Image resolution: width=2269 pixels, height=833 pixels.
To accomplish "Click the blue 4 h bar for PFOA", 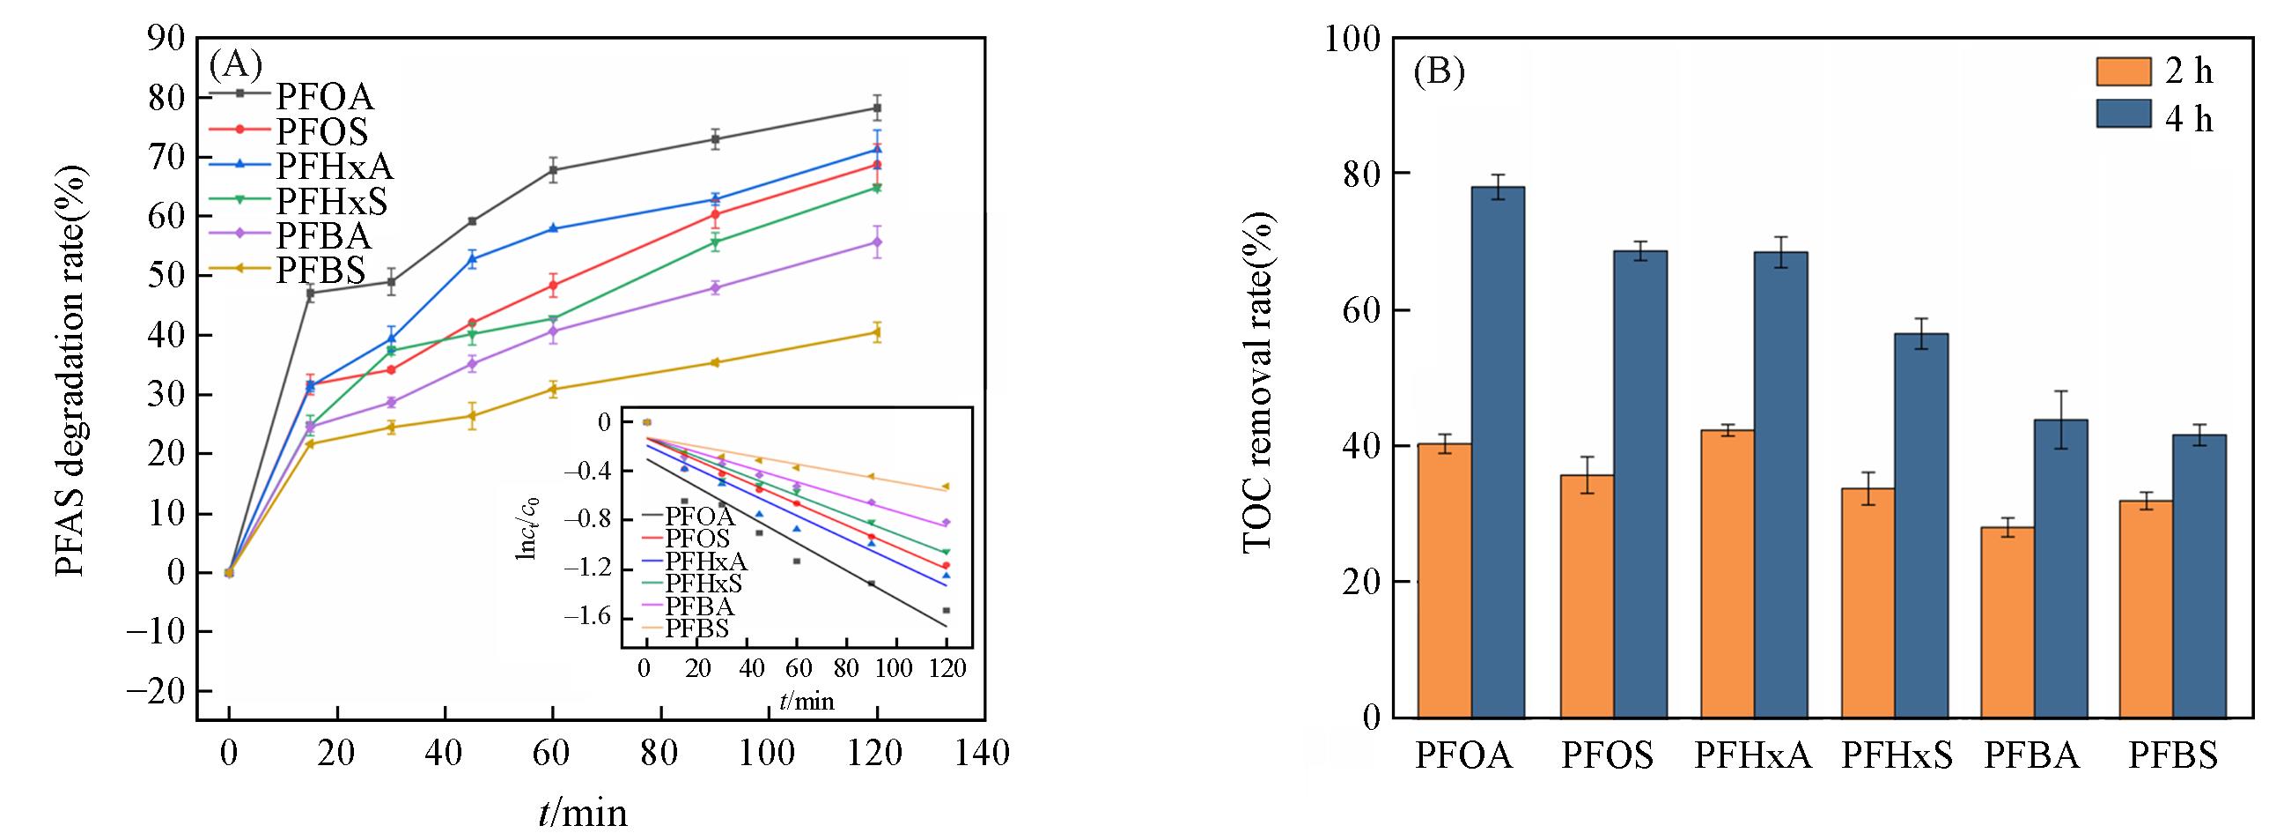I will click(x=1499, y=451).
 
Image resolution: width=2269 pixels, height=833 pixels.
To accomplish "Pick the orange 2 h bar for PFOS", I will click(x=1588, y=596).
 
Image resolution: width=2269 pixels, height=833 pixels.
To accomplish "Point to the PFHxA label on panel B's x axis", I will click(x=1752, y=755).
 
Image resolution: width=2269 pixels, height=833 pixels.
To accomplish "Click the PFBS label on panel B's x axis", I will click(x=2173, y=755).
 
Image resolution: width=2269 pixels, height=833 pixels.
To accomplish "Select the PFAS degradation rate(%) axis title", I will click(x=71, y=370).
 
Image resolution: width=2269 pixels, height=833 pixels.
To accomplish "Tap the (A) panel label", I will click(x=236, y=63).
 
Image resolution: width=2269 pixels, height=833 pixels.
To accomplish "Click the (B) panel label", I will click(x=1439, y=71).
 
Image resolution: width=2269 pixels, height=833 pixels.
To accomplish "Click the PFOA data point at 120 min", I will click(x=876, y=108).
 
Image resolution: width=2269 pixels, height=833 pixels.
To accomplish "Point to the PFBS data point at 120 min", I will click(x=876, y=332).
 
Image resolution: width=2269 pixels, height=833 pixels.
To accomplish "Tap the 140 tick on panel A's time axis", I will click(x=983, y=754).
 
